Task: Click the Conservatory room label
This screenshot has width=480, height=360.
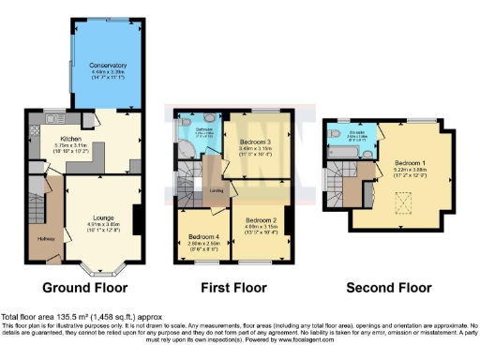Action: coord(107,65)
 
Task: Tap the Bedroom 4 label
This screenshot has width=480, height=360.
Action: coord(203,235)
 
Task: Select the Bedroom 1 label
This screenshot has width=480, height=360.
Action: coord(411,161)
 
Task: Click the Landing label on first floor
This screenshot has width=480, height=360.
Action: coord(216,191)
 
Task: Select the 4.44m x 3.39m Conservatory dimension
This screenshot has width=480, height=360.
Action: coord(107,71)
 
